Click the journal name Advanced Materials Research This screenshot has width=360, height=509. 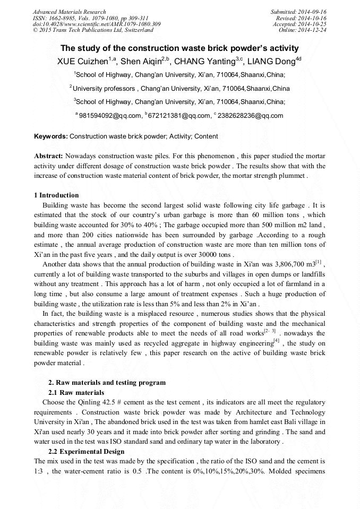tap(69, 12)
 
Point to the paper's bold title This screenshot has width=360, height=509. tap(179, 48)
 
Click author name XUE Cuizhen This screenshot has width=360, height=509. tap(82, 62)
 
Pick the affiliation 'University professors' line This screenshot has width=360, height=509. tap(181, 88)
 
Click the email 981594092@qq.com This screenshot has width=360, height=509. tap(110, 116)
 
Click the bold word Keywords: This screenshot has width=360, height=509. tap(51, 136)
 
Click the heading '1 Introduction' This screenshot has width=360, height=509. tap(56, 195)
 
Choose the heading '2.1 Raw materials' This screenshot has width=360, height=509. tap(76, 392)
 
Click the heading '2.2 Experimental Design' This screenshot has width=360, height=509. tap(86, 451)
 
